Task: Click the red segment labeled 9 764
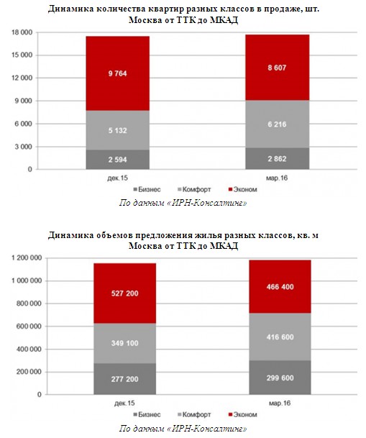117,73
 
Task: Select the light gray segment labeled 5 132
117,130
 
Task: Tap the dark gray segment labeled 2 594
117,160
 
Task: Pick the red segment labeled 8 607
278,68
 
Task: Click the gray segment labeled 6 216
278,124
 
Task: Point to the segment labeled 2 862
278,159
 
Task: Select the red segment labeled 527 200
125,293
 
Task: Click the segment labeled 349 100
125,343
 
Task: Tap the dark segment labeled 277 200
125,379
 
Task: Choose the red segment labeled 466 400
280,286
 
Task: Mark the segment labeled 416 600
280,337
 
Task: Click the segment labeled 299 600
280,378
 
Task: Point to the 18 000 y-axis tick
22,32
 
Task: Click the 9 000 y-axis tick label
24,101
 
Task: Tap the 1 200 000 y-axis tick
27,257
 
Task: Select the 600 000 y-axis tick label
29,327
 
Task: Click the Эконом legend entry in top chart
242,189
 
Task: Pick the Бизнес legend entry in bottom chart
147,414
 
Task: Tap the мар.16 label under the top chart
277,178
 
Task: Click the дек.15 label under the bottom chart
124,403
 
